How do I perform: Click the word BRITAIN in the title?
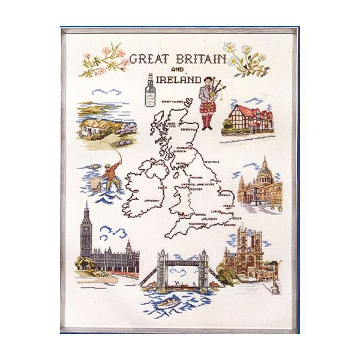pyautogui.click(x=195, y=59)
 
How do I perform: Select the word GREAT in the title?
pyautogui.click(x=146, y=59)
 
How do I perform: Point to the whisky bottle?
pyautogui.click(x=149, y=92)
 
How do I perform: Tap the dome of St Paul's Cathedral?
pyautogui.click(x=264, y=169)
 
